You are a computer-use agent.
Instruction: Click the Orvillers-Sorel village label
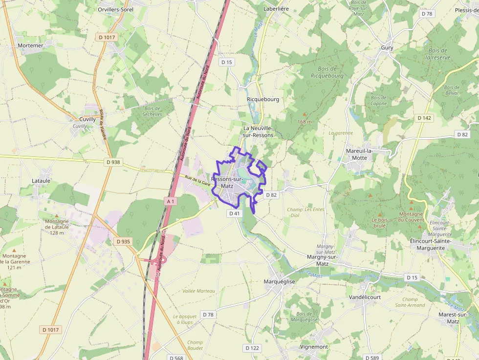[x=115, y=9]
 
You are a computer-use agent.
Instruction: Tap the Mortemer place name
[x=30, y=45]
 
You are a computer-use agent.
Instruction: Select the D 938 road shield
[x=112, y=162]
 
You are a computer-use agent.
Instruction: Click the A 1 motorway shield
[x=170, y=201]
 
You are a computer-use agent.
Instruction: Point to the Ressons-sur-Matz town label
[x=227, y=183]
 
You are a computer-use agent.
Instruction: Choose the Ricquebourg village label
[x=263, y=99]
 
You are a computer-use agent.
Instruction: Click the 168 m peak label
[x=304, y=122]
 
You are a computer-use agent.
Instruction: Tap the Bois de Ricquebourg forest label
[x=327, y=72]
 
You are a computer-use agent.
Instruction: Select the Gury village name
[x=387, y=48]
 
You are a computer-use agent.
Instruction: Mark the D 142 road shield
[x=425, y=118]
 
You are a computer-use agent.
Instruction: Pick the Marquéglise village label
[x=279, y=282]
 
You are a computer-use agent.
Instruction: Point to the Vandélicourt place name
[x=365, y=297]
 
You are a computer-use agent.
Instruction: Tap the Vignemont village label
[x=314, y=347]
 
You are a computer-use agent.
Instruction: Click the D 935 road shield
[x=124, y=241]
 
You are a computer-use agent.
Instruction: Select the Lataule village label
[x=41, y=181]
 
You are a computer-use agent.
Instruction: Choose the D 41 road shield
[x=234, y=213]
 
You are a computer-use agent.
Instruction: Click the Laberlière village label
[x=277, y=9]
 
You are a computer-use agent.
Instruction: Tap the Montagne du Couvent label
[x=411, y=217]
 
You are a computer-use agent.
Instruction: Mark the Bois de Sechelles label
[x=153, y=111]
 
